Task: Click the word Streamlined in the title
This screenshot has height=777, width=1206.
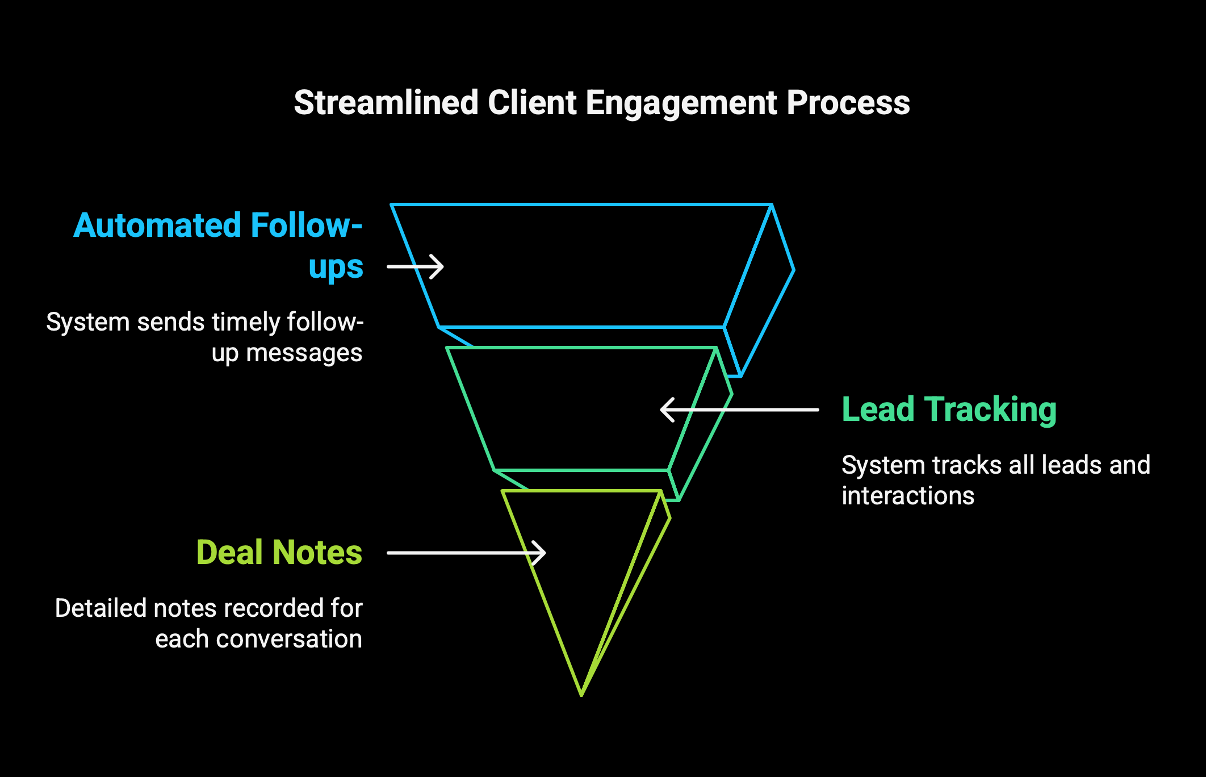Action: point(386,103)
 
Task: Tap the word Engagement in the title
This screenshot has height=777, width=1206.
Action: point(681,104)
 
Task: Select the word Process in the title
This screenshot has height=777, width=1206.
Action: point(848,103)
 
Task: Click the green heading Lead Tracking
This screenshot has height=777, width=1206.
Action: point(949,410)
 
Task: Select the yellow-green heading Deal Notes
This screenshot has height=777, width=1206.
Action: point(279,552)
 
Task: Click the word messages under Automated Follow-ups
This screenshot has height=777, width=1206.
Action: point(304,353)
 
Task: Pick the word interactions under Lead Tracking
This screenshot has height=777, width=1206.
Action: point(908,496)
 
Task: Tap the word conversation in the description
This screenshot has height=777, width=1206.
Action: point(289,639)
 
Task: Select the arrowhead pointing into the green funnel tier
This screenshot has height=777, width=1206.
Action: point(667,410)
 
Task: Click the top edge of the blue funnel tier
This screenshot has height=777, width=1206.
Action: point(581,204)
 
